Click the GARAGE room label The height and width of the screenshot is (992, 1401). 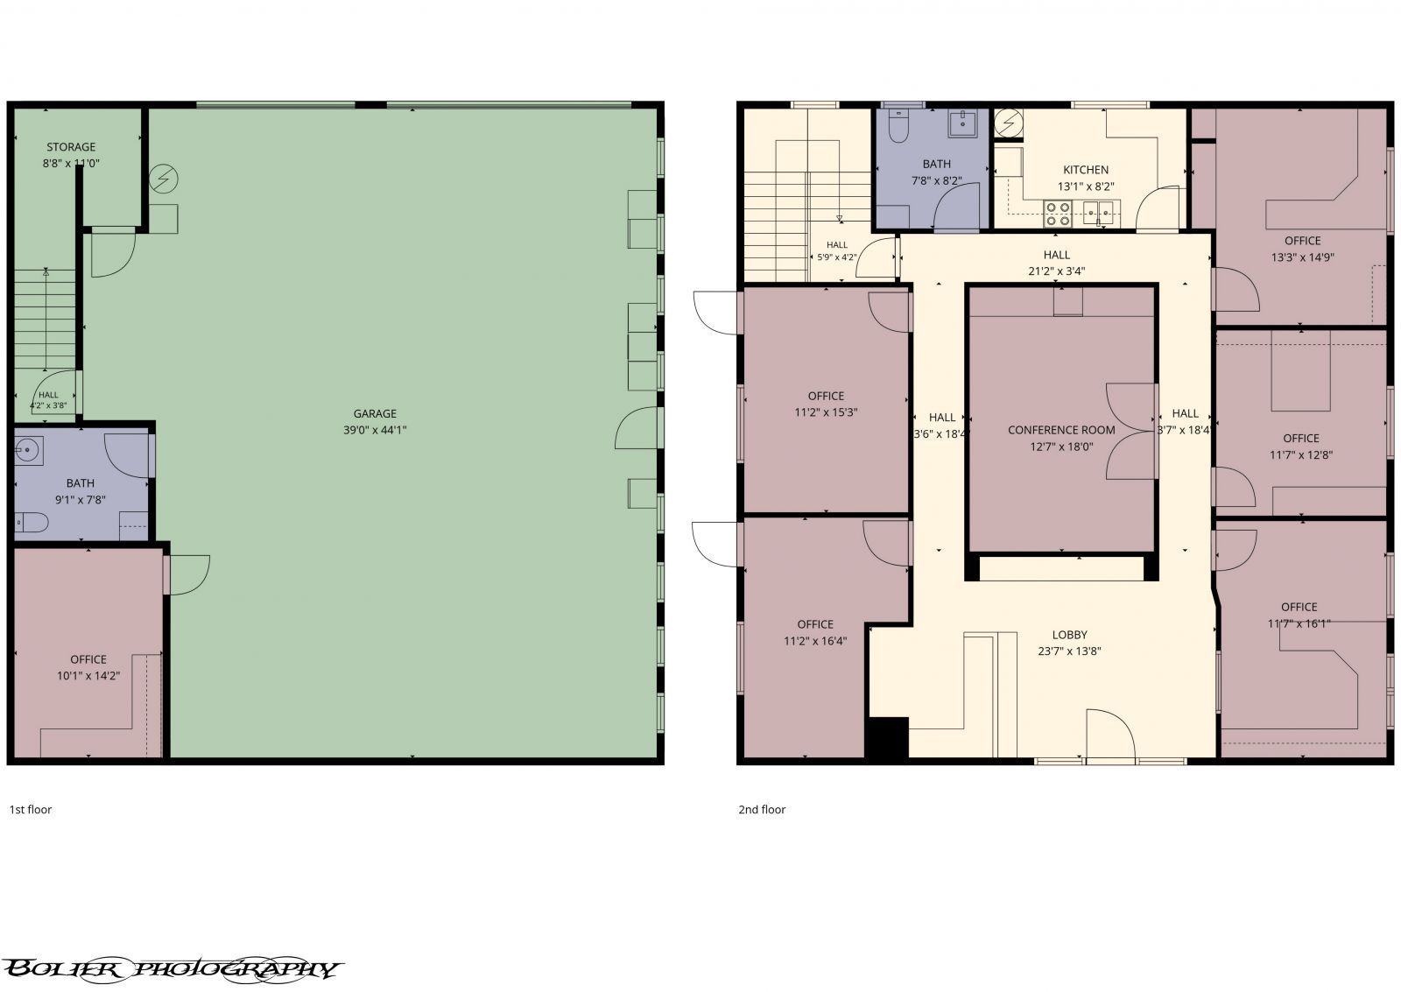(x=375, y=413)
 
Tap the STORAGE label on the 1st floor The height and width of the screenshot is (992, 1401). (x=71, y=147)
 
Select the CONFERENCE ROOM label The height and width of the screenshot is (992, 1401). (x=1061, y=430)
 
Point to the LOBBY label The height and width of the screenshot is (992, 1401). (x=1069, y=634)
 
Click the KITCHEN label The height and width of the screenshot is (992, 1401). (x=1086, y=170)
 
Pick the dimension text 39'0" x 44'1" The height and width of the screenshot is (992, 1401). (x=375, y=430)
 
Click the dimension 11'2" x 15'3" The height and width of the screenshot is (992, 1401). (x=826, y=412)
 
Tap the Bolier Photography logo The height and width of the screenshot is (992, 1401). (x=172, y=969)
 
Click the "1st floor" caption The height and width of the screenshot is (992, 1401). (x=30, y=809)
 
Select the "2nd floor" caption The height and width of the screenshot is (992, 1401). (x=762, y=809)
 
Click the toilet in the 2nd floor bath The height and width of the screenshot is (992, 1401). (x=898, y=126)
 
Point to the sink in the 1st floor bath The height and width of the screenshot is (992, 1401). (x=28, y=451)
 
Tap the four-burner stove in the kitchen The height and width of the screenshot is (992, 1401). (x=1058, y=214)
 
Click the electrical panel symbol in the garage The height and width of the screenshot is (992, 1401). (x=163, y=179)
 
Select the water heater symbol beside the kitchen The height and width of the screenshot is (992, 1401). (x=1008, y=123)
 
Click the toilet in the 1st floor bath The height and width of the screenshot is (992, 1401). (x=32, y=522)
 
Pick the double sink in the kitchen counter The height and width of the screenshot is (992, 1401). (x=1098, y=214)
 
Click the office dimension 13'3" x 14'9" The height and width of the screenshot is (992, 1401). (x=1302, y=257)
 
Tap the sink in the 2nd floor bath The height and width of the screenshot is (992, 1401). (x=962, y=123)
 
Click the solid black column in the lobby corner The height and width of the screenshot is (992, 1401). (x=886, y=738)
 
